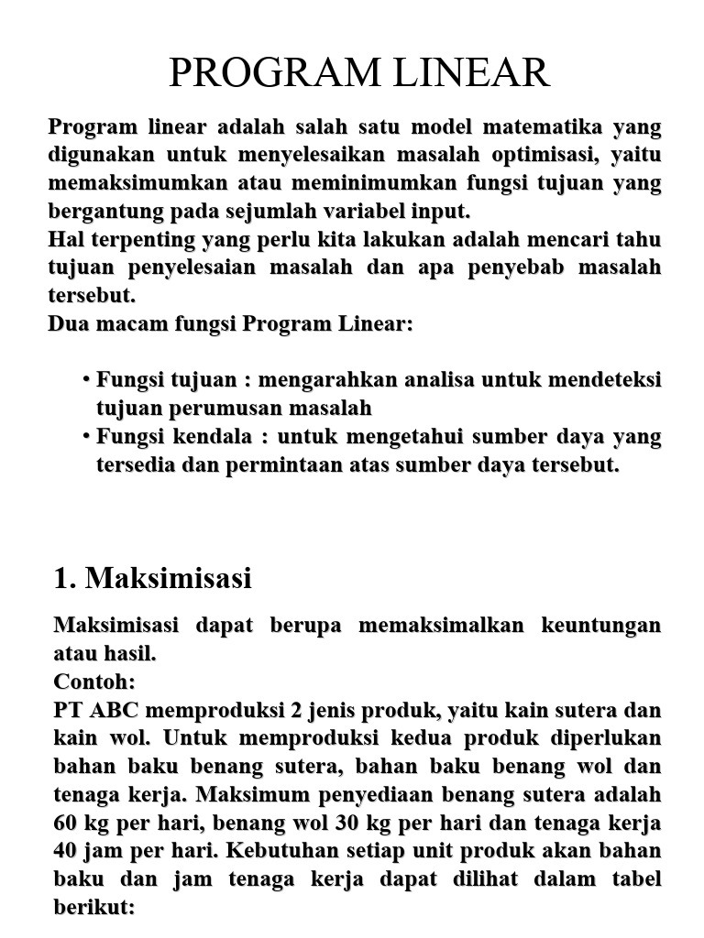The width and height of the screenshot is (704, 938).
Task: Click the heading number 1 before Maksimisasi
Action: (x=62, y=579)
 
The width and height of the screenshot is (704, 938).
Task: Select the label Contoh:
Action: (x=94, y=682)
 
